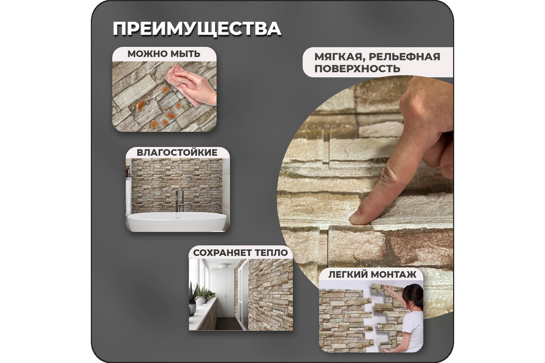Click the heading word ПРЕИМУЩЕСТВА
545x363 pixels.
197,28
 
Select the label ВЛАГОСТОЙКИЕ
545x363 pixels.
177,152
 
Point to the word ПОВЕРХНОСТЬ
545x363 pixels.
357,69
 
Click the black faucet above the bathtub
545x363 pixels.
179,200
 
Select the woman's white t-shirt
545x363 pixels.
413,331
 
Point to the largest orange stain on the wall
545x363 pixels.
141,107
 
